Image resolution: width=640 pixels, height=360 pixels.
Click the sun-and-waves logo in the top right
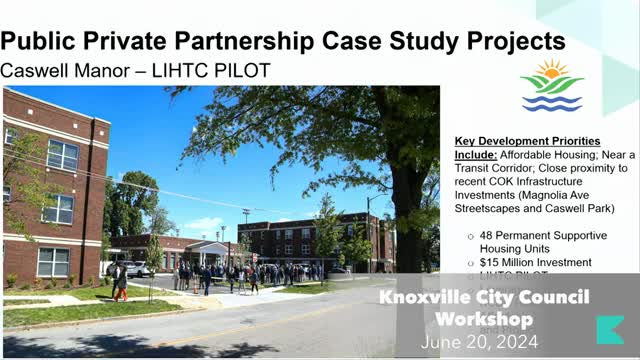tap(551, 86)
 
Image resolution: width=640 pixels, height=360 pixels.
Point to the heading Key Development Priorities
tap(527, 141)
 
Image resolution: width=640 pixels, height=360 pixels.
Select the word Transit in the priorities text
tap(480, 169)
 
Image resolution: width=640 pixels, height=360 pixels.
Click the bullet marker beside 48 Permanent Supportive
tap(470, 237)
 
